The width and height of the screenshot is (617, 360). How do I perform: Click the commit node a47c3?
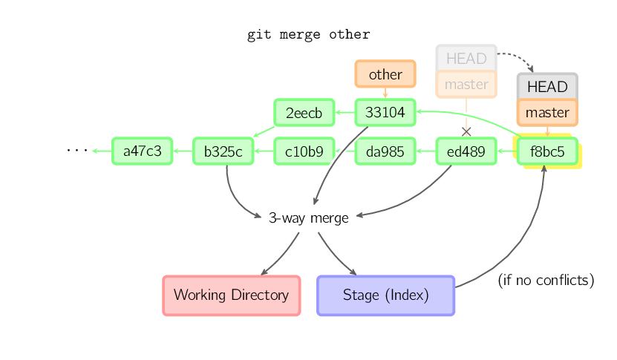point(142,151)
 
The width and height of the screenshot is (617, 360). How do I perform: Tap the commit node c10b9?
point(304,151)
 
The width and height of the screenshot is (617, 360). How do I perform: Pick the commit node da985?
point(385,151)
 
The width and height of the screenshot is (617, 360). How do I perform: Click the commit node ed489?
point(466,151)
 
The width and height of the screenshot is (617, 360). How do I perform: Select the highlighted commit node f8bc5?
point(547,151)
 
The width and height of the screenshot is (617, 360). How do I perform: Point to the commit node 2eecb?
point(304,113)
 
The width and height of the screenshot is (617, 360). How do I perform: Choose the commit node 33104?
point(385,113)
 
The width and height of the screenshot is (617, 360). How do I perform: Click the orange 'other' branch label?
point(385,74)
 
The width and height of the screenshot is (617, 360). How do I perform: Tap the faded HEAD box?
point(466,58)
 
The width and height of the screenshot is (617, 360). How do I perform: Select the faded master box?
point(466,84)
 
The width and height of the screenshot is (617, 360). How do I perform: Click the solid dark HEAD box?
point(547,87)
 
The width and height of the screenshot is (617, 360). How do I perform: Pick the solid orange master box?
point(547,113)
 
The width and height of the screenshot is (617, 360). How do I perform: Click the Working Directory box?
point(231,295)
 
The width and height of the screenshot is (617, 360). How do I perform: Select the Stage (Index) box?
point(385,295)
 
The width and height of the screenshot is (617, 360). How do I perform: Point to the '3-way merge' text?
point(308,218)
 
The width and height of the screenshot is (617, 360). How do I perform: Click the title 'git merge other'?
point(308,35)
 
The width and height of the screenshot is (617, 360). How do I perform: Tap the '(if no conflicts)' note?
point(546,281)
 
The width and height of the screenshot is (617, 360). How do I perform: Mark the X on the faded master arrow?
point(466,131)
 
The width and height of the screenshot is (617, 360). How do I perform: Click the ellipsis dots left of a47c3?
point(76,151)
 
